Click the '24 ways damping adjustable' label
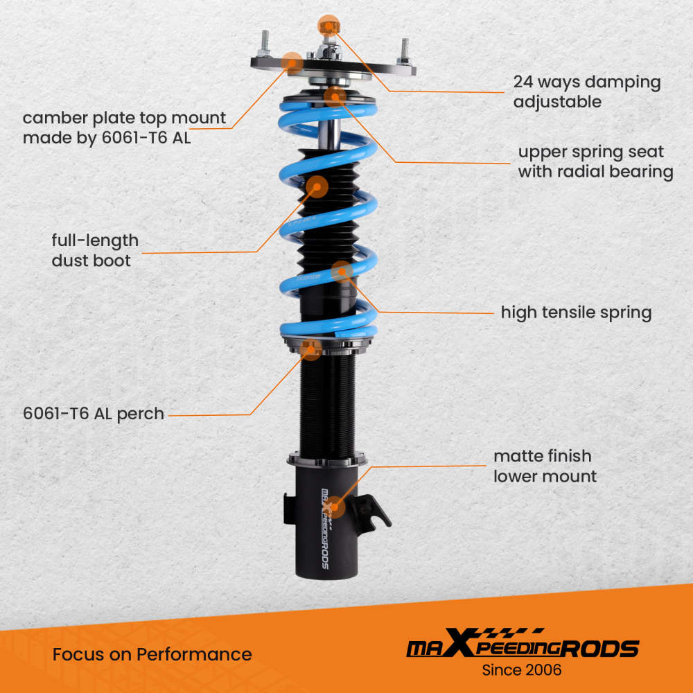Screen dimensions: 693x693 tap(586, 91)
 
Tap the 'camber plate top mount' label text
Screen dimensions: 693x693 tap(124, 128)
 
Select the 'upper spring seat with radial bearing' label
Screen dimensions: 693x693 tap(595, 161)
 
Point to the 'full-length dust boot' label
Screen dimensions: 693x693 tap(95, 250)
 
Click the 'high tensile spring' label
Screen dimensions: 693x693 tap(576, 313)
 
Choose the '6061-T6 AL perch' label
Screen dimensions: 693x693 tap(94, 414)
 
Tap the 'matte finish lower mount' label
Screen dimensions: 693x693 tap(544, 466)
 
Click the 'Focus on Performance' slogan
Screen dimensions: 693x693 tap(152, 653)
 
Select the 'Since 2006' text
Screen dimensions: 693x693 tap(522, 670)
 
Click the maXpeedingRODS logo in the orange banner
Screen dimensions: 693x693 tap(522, 647)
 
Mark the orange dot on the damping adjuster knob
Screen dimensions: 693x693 tap(328, 26)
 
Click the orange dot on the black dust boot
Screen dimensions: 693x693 tap(317, 186)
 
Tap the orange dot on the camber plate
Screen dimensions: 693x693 tap(293, 62)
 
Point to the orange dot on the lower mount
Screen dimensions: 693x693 tap(334, 507)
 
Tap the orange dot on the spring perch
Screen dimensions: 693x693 tap(312, 350)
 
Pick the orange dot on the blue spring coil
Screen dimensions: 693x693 tap(342, 272)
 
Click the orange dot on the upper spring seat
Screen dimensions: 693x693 tap(335, 95)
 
